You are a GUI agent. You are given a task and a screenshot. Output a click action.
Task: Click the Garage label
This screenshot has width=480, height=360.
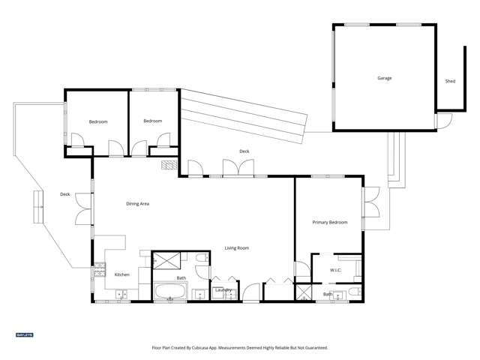coord(384,78)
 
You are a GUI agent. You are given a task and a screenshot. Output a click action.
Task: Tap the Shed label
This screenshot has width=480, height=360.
coord(450,81)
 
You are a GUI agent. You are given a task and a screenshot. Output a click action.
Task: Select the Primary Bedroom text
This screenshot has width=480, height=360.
coord(329,223)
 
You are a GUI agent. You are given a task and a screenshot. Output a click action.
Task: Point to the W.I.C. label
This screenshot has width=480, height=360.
coord(336,270)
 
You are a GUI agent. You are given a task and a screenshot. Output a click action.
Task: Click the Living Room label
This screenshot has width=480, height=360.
coord(237,248)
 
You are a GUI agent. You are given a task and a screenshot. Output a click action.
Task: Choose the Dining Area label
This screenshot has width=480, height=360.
coord(137,203)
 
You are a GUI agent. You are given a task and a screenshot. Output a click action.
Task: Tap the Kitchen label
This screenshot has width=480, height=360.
coord(121,274)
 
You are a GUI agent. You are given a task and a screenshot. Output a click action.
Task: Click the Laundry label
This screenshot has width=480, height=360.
coord(222,289)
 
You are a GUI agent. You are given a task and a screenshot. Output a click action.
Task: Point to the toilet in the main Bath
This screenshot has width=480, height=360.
coord(201,259)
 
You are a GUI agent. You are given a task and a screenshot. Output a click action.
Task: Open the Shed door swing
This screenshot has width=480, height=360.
coord(444,121)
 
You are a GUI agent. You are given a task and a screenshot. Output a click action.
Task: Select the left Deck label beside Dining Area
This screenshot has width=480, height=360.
coord(65,194)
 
